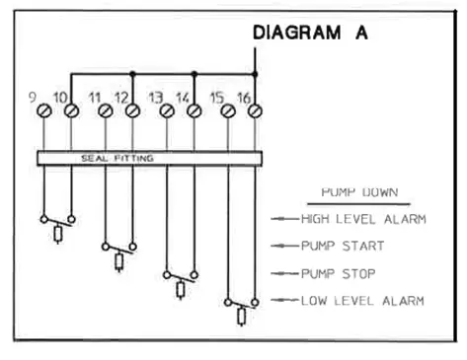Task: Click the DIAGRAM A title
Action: tap(310, 33)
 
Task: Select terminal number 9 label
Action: tap(33, 98)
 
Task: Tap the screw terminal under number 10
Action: tap(70, 112)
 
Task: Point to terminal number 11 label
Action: tap(95, 98)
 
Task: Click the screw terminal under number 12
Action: tap(132, 112)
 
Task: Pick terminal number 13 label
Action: tap(155, 98)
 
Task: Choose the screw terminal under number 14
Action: tap(194, 112)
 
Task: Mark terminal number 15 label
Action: tap(217, 98)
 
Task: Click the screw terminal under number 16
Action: tap(255, 112)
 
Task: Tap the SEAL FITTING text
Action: tap(117, 157)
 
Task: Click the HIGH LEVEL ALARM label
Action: tap(362, 219)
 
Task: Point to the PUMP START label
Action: tap(342, 246)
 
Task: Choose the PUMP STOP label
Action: tap(339, 272)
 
